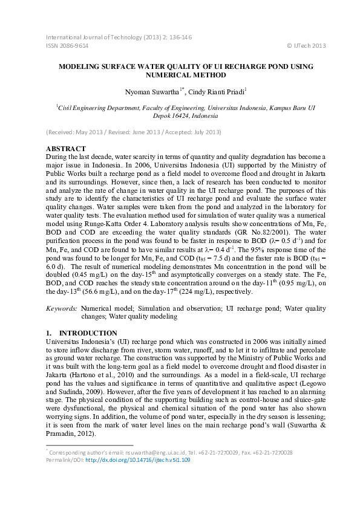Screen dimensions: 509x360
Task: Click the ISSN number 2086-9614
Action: pyautogui.click(x=75, y=46)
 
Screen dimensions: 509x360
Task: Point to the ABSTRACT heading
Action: pyautogui.click(x=67, y=148)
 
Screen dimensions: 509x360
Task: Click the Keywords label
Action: pyautogui.click(x=62, y=308)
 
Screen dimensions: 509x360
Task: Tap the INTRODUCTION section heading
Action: pyautogui.click(x=88, y=333)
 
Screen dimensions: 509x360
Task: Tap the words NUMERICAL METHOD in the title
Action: pyautogui.click(x=180, y=76)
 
